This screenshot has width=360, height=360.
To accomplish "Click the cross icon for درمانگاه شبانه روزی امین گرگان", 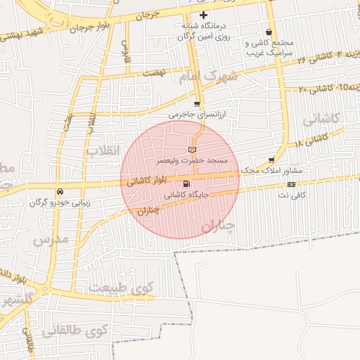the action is coord(204,15).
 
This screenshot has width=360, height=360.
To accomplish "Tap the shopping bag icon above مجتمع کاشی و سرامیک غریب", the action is coord(269,32).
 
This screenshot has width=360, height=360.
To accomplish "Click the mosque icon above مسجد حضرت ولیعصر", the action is coord(193,150).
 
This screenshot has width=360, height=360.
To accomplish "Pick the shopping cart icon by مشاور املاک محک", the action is coord(271,160).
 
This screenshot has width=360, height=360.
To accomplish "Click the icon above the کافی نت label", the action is coord(291,184).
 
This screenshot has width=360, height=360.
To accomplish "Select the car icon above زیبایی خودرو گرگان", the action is coord(60,191).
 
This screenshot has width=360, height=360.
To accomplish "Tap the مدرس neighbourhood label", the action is coord(49,239).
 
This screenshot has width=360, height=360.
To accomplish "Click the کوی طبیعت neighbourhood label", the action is coord(121,287).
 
